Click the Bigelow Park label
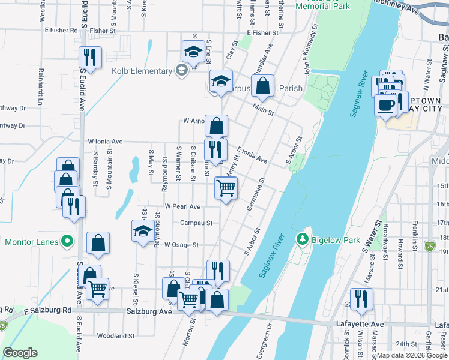pos(335,241)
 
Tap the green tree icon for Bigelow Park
pos(303,240)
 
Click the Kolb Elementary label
pos(142,71)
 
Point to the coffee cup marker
pos(385,105)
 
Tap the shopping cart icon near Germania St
pos(226,188)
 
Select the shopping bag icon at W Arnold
pos(217,126)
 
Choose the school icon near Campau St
pos(142,230)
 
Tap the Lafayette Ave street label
pos(360,325)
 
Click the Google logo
pos(20,352)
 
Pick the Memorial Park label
pos(323,6)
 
